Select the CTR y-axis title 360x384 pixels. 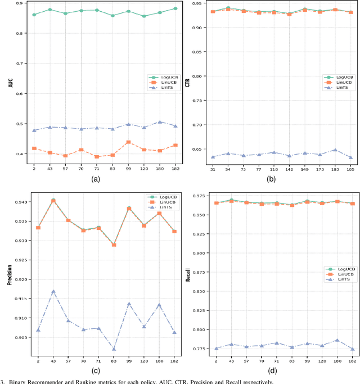coord(188,82)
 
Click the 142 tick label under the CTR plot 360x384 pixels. coord(289,169)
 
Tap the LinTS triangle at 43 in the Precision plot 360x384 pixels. coord(53,292)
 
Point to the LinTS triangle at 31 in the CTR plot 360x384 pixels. coord(213,157)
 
